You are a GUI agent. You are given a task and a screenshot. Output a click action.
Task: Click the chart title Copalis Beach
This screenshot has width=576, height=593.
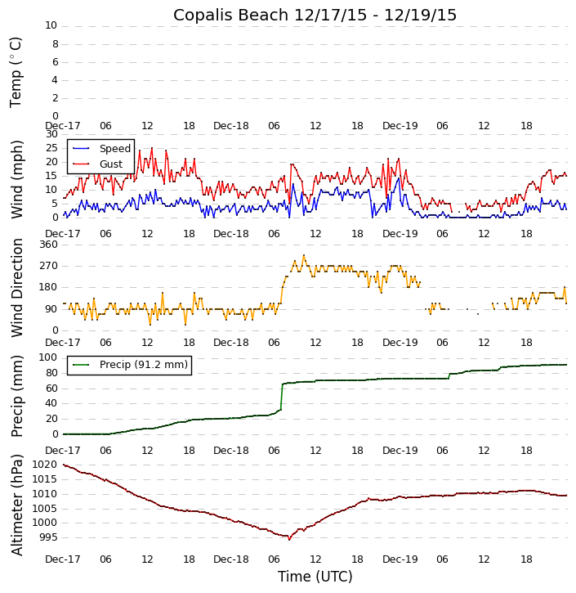315,15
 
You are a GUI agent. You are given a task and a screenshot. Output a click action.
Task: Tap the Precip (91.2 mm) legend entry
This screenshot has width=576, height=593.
143,365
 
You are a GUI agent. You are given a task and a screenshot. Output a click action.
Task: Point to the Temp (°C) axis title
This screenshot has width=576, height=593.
16,71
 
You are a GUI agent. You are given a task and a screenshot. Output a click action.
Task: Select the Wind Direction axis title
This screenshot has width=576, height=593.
16,288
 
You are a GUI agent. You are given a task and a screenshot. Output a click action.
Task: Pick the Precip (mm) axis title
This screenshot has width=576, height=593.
16,396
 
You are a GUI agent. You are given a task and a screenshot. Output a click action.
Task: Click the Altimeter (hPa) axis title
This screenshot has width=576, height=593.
16,504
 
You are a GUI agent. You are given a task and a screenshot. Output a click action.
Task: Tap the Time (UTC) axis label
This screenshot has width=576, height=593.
315,577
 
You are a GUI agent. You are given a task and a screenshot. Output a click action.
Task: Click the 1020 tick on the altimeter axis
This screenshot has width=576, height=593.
46,465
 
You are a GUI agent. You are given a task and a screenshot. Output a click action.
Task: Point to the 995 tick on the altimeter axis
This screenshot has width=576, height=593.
48,537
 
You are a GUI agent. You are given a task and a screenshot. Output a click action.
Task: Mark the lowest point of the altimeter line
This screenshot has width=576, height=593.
289,539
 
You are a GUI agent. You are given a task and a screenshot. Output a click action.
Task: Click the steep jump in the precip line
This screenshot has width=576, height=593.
282,397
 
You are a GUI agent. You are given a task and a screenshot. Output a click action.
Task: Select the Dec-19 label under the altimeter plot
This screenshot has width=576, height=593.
400,559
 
